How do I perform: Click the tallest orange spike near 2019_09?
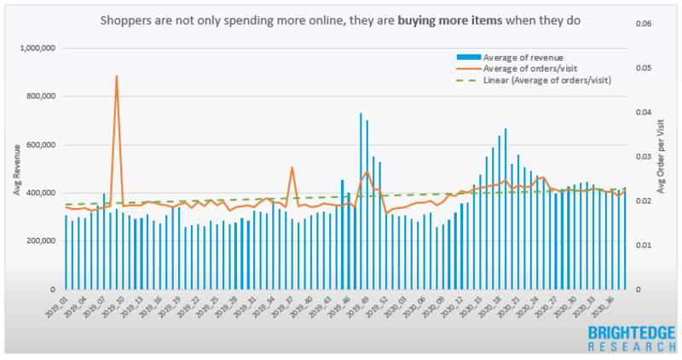point(116,77)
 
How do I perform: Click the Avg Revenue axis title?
point(17,171)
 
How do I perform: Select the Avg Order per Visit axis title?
point(659,170)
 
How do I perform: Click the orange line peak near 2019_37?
point(292,167)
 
